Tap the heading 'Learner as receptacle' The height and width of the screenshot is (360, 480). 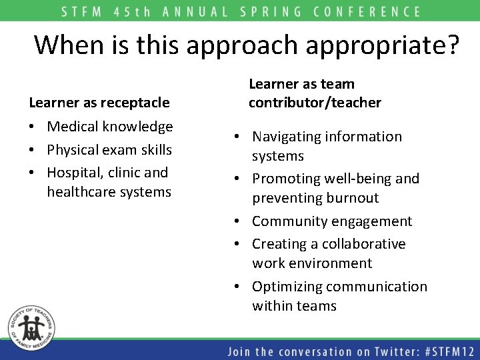tap(99, 103)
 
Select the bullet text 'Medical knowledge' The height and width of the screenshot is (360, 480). tap(110, 127)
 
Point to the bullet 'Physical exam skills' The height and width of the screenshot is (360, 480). tap(109, 149)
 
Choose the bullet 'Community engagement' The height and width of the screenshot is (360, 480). tap(332, 221)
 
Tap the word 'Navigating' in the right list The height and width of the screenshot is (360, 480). tap(287, 137)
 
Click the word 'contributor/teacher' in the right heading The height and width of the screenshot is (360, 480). tap(315, 103)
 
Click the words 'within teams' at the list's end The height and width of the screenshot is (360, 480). tap(294, 306)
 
